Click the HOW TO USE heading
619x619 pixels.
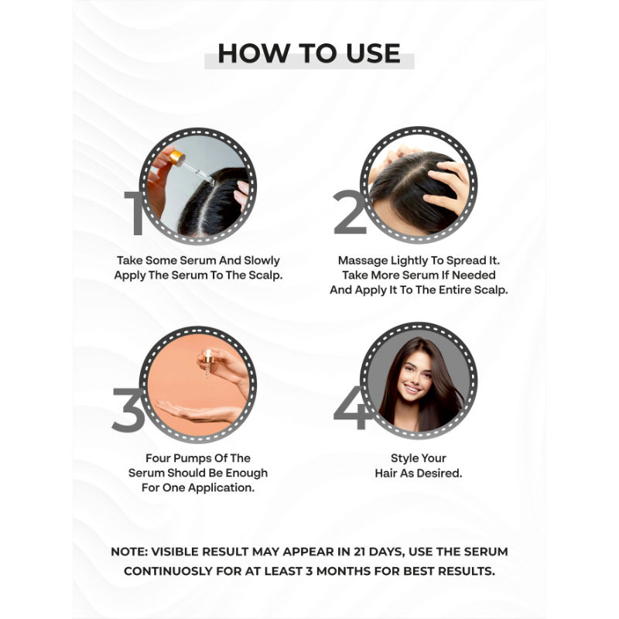pyautogui.click(x=309, y=53)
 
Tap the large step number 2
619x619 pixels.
pyautogui.click(x=349, y=212)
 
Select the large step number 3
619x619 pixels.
pyautogui.click(x=128, y=409)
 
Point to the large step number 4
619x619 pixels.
pyautogui.click(x=351, y=408)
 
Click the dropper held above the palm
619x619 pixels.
pyautogui.click(x=207, y=364)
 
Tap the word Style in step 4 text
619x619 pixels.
pyautogui.click(x=408, y=458)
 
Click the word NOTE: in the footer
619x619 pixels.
pyautogui.click(x=132, y=552)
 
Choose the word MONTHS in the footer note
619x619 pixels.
pyautogui.click(x=371, y=570)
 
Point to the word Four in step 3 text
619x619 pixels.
pyautogui.click(x=159, y=458)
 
